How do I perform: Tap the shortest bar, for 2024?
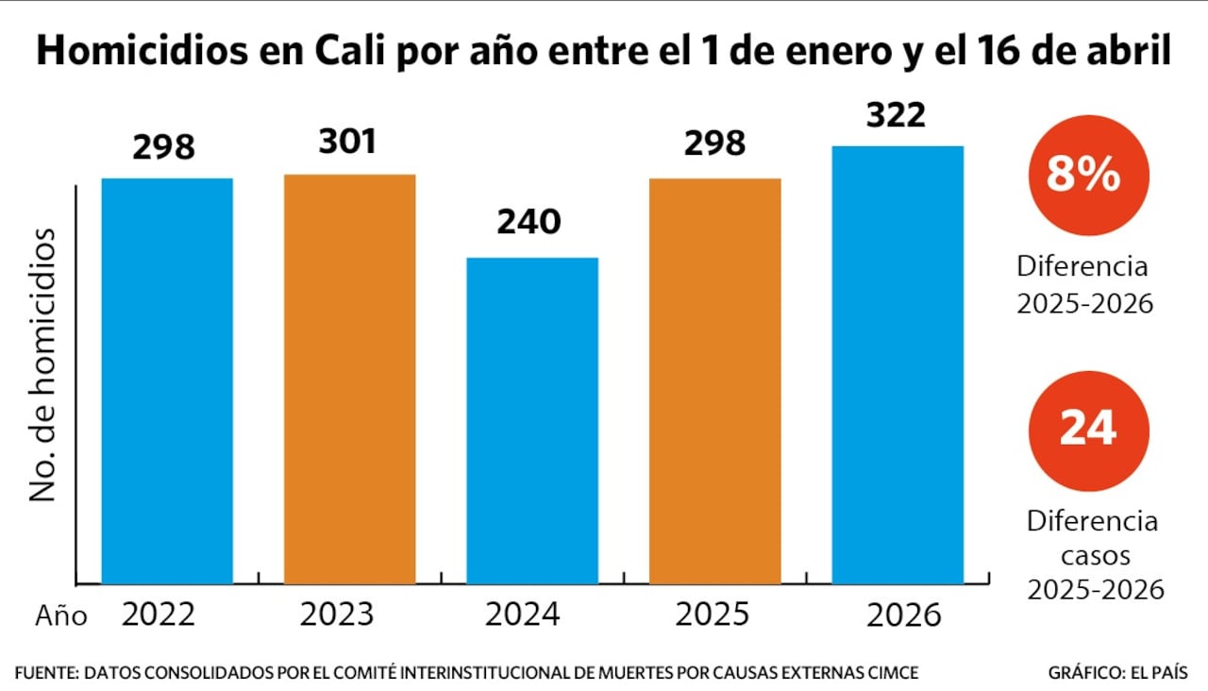[532, 420]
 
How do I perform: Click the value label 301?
[346, 142]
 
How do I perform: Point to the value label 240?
[530, 223]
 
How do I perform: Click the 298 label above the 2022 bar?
[164, 147]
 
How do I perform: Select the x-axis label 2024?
[523, 615]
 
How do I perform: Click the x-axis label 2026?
[905, 615]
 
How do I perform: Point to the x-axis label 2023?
[337, 615]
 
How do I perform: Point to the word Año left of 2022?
[61, 616]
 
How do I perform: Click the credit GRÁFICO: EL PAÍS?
[1117, 673]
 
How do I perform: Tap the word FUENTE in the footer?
[45, 673]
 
